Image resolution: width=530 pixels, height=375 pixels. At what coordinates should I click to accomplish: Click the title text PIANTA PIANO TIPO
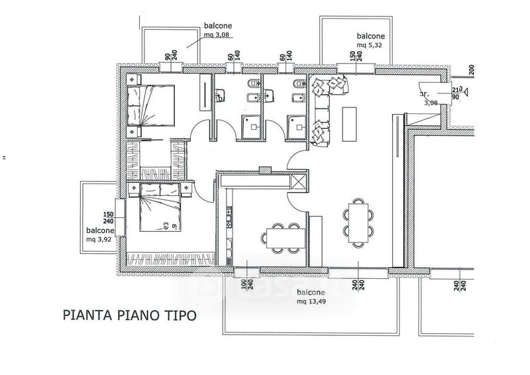click(x=129, y=315)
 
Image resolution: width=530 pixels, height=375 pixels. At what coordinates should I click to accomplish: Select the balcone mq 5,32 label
click(x=371, y=40)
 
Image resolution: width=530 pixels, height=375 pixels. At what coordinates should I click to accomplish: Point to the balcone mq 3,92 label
click(x=99, y=235)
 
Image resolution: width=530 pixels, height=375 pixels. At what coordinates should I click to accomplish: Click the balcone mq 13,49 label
click(x=310, y=297)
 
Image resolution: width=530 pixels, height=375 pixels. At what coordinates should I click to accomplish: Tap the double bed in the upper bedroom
click(x=152, y=106)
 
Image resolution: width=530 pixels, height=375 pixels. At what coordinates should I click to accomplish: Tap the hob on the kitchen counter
click(x=228, y=215)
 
